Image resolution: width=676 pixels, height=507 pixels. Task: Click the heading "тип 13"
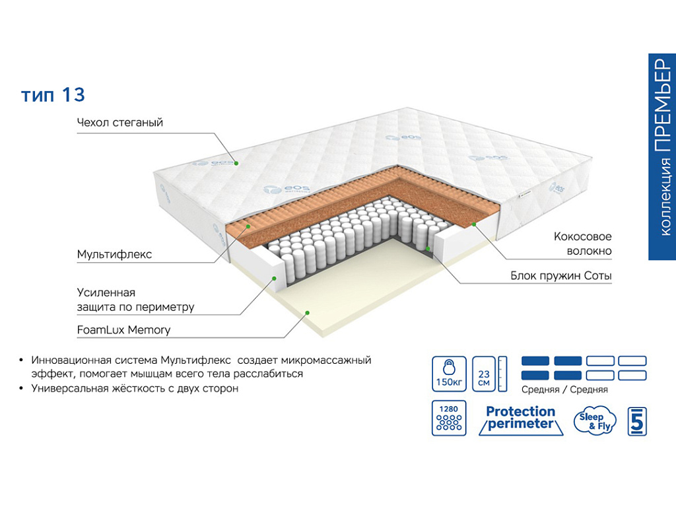point(53,95)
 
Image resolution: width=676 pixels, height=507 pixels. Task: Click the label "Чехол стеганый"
point(119,123)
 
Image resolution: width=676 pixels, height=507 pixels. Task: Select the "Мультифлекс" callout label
point(114,254)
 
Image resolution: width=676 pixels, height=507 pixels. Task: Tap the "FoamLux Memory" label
point(123,329)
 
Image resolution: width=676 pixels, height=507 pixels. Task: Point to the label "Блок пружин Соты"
point(560,275)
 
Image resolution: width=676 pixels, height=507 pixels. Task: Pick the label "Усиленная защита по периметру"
point(135,300)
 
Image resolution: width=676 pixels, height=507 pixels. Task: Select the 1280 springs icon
point(449,418)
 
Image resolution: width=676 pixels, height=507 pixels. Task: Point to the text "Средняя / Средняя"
point(564,389)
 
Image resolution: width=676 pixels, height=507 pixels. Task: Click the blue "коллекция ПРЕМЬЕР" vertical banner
point(662,156)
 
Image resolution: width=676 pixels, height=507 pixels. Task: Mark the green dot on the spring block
point(428,248)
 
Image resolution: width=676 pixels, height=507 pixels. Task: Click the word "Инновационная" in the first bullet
point(69,360)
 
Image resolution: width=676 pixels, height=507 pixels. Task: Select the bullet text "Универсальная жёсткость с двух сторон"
point(135,388)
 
